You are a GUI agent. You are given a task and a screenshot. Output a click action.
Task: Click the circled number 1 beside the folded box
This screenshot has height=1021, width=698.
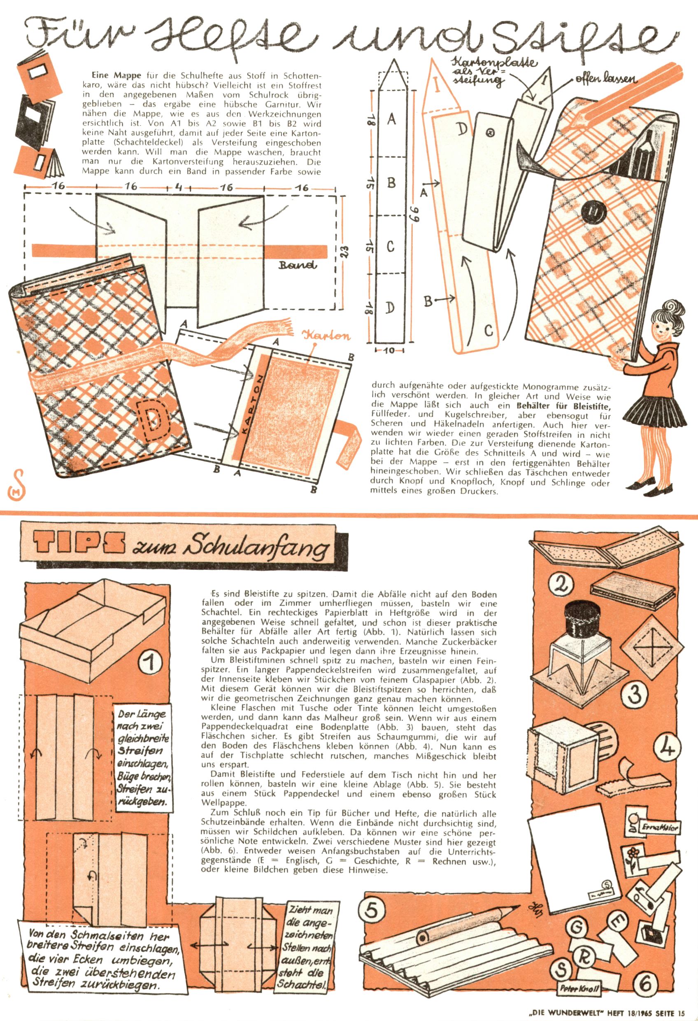150,662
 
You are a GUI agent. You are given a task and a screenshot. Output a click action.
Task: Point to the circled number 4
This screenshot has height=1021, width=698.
668,748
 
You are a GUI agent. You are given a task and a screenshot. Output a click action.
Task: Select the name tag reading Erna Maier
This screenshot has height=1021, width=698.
659,827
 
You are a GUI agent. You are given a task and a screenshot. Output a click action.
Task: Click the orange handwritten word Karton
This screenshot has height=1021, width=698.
326,336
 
